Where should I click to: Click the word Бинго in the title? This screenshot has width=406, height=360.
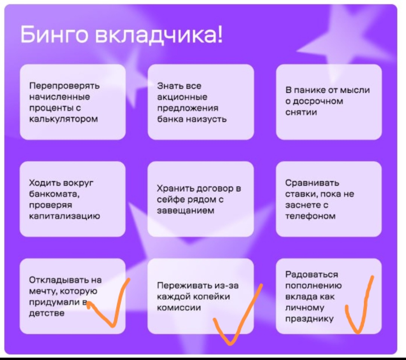coord(55,35)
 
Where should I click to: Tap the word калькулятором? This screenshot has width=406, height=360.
coord(64,119)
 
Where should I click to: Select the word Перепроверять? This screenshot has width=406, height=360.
coord(64,86)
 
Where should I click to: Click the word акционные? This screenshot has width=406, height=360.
coord(182,97)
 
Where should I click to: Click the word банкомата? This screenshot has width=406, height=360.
coord(55,194)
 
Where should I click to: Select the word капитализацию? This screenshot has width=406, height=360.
coord(64,216)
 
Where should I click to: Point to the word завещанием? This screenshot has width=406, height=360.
coord(186,211)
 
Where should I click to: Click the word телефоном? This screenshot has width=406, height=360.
coord(310,216)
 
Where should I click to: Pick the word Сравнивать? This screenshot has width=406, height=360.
coord(312,183)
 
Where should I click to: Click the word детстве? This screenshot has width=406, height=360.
coord(47,313)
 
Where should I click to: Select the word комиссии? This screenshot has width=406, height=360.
coord(179,308)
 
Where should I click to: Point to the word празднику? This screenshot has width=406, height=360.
coord(309,319)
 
